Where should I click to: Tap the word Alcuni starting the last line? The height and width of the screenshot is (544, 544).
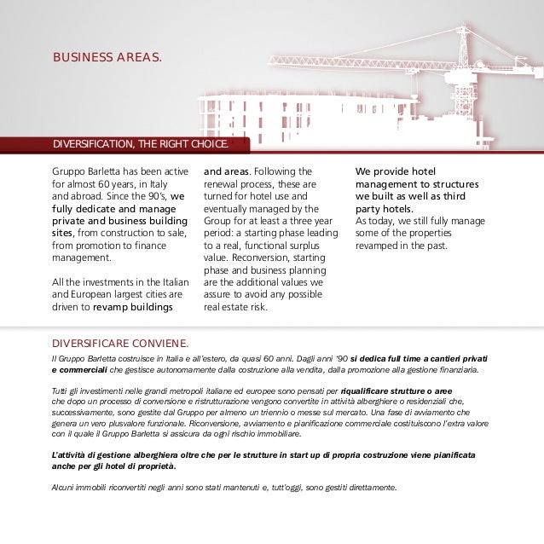point(63,488)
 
